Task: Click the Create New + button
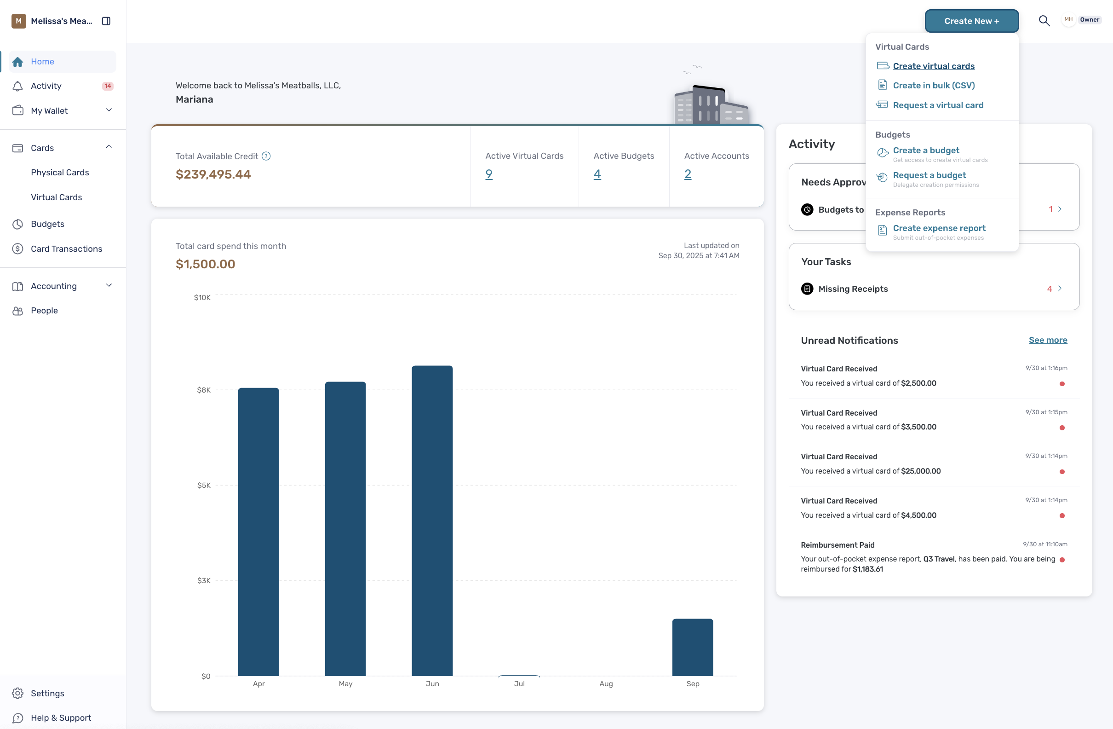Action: coord(971,21)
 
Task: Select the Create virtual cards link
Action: coord(934,66)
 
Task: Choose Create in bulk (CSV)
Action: coord(934,85)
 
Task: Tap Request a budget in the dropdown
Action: coord(929,175)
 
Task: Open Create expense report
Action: coord(939,228)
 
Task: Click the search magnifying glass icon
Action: coord(1044,21)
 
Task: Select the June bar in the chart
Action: coord(432,521)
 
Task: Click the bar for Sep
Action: coord(693,648)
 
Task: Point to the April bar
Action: coord(258,532)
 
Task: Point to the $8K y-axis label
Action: coord(203,390)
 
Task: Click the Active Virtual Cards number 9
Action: coord(489,174)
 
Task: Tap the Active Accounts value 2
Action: coord(688,174)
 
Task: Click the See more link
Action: coord(1048,340)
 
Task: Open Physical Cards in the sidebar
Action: coord(60,172)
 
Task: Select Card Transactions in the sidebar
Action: coord(66,249)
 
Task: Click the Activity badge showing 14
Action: coord(108,86)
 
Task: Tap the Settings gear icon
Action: coord(18,693)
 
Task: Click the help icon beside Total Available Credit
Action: coord(266,156)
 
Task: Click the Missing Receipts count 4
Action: coord(1050,289)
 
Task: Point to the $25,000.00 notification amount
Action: coord(920,471)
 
